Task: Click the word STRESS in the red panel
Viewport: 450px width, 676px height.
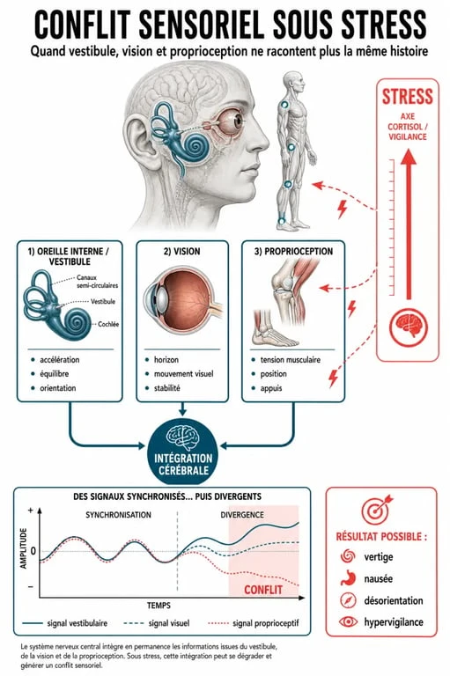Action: click(x=407, y=96)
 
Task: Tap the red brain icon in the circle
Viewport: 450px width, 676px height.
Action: click(x=409, y=326)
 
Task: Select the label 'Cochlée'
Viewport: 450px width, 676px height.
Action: click(x=108, y=324)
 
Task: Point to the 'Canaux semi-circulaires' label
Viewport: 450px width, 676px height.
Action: click(x=97, y=281)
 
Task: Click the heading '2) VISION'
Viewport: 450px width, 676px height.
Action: click(x=181, y=252)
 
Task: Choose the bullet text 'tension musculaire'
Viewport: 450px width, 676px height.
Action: click(x=291, y=359)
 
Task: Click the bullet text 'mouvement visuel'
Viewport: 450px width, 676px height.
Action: click(x=184, y=374)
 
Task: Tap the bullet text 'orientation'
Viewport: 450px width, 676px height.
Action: click(x=58, y=388)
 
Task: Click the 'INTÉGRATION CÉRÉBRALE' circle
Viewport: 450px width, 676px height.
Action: click(x=183, y=452)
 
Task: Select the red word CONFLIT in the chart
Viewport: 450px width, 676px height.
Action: click(x=263, y=590)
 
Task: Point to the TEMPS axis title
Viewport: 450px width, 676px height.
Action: click(x=159, y=606)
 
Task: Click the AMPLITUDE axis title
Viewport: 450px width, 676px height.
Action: click(x=24, y=548)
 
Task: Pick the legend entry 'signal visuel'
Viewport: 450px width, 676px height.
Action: click(x=169, y=623)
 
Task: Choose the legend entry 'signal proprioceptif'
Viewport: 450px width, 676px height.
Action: click(x=266, y=623)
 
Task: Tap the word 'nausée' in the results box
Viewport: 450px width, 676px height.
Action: click(x=379, y=578)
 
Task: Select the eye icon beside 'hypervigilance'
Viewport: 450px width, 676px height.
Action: click(x=348, y=621)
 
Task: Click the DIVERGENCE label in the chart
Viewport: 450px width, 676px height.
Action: click(x=242, y=515)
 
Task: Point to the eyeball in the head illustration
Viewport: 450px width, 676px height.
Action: click(x=233, y=121)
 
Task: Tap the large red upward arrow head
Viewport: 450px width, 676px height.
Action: click(x=408, y=158)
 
